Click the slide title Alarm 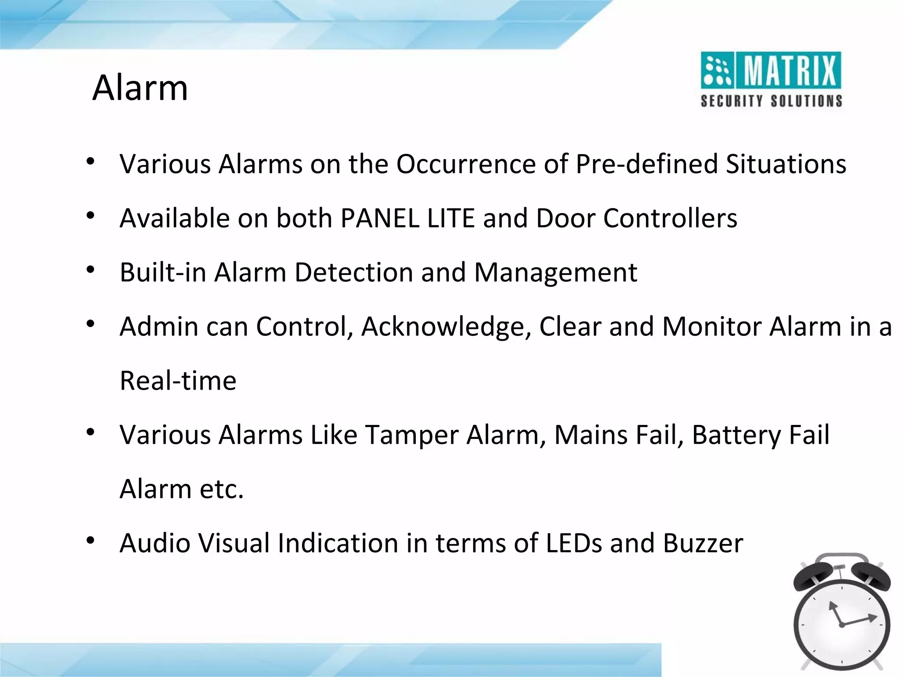pyautogui.click(x=140, y=88)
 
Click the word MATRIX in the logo pyautogui.click(x=790, y=71)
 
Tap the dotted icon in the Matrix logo pyautogui.click(x=716, y=71)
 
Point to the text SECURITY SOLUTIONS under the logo pyautogui.click(x=771, y=101)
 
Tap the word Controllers pyautogui.click(x=670, y=218)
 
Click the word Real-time pyautogui.click(x=178, y=381)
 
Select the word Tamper pyautogui.click(x=412, y=435)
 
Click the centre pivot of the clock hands pyautogui.click(x=842, y=625)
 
